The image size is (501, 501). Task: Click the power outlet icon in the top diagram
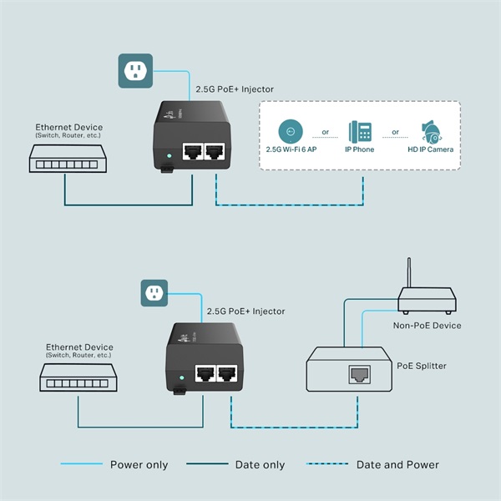coord(134,71)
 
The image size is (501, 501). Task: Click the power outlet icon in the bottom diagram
coord(152,293)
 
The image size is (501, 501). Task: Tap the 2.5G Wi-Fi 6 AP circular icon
coord(290,131)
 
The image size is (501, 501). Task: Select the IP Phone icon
coord(361,132)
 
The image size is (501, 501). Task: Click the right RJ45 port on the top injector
coord(215,151)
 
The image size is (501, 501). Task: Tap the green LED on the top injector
coord(170,155)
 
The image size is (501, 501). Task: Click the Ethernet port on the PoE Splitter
coord(359,372)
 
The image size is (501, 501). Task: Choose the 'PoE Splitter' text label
coord(423,366)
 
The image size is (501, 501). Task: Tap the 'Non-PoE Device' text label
coord(426,326)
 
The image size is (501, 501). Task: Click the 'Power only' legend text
coord(139,465)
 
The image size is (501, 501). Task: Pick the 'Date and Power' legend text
coord(397,465)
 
